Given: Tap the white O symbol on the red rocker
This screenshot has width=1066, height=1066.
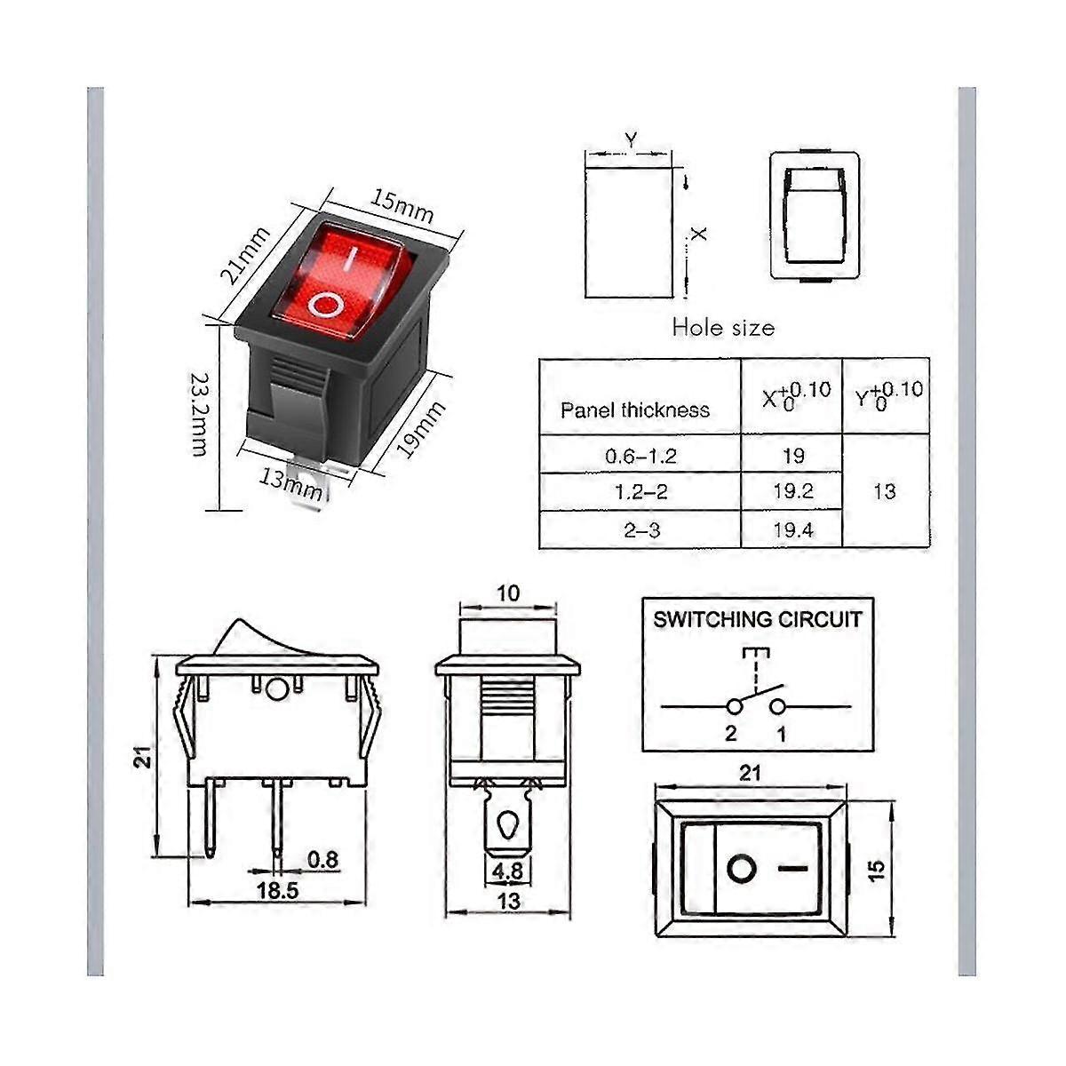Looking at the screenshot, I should [325, 305].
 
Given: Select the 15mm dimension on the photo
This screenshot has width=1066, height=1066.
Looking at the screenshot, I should [402, 207].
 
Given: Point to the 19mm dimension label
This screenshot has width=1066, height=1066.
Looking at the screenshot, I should [420, 429].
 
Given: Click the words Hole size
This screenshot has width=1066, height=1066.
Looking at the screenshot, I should [723, 327].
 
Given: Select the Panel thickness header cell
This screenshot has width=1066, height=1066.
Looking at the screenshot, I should [635, 410].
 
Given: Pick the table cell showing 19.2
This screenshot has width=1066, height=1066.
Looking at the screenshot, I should [793, 491].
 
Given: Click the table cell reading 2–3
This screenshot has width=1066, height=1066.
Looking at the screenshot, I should [640, 530].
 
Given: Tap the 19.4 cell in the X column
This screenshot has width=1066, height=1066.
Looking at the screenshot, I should [793, 530].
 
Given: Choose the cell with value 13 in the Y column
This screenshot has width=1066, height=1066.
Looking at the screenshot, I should [885, 491].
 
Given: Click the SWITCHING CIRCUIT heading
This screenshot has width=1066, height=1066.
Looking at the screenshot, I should [758, 619].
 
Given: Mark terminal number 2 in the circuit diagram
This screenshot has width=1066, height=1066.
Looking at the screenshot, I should [731, 733].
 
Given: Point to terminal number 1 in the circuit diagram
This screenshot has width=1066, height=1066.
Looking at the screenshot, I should [782, 733].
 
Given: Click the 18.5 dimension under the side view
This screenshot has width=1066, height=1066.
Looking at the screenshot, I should [278, 889].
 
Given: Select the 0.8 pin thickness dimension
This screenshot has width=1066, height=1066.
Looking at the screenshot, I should [323, 859].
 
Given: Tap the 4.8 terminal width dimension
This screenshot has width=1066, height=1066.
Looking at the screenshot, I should [507, 871].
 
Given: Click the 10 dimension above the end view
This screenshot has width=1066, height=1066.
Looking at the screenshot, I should [507, 593].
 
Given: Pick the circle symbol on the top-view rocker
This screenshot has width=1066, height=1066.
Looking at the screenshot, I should [741, 867].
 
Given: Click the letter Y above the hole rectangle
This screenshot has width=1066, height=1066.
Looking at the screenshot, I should [630, 139].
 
